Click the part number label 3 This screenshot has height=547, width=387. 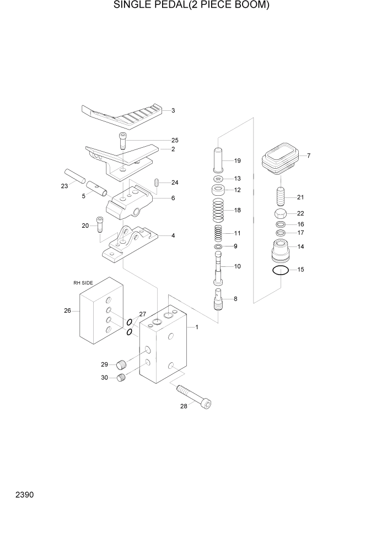point(173,111)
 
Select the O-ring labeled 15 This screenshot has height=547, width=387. point(281,270)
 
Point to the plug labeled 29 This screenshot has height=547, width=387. point(122,364)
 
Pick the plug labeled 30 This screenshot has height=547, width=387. point(122,377)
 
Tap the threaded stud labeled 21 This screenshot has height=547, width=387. point(281,196)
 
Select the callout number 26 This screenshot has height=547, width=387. point(68,310)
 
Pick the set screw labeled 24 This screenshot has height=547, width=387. point(157,183)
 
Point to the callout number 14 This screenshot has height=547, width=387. point(300,246)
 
